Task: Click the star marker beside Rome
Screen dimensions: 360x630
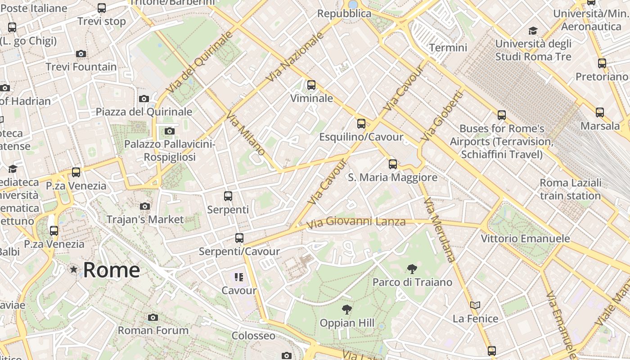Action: (x=73, y=270)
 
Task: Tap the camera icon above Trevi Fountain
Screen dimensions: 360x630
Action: (x=81, y=54)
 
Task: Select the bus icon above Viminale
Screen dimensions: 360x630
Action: (x=311, y=85)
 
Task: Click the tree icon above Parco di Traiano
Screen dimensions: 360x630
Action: (x=411, y=269)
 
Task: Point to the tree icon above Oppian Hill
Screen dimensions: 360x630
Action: (x=346, y=310)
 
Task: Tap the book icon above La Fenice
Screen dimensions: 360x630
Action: (x=475, y=305)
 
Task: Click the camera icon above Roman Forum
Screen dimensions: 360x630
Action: (x=153, y=317)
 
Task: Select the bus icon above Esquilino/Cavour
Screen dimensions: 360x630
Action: (x=361, y=124)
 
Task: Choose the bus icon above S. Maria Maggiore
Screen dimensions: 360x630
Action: (x=393, y=164)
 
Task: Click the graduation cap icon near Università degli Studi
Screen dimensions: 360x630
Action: (x=533, y=31)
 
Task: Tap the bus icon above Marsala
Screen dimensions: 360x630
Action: (x=600, y=112)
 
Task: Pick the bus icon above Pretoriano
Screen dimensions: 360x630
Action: (x=602, y=63)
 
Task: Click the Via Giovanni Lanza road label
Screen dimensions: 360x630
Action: (x=355, y=222)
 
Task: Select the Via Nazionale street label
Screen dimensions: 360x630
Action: (x=295, y=57)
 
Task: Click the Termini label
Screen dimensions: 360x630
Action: (x=448, y=47)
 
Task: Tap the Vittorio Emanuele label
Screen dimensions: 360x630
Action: (x=525, y=238)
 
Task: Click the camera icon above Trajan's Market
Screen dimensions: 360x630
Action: (x=145, y=206)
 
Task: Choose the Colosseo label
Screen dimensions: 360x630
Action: (x=253, y=336)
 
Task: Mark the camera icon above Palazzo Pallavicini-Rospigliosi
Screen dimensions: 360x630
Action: (x=169, y=131)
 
